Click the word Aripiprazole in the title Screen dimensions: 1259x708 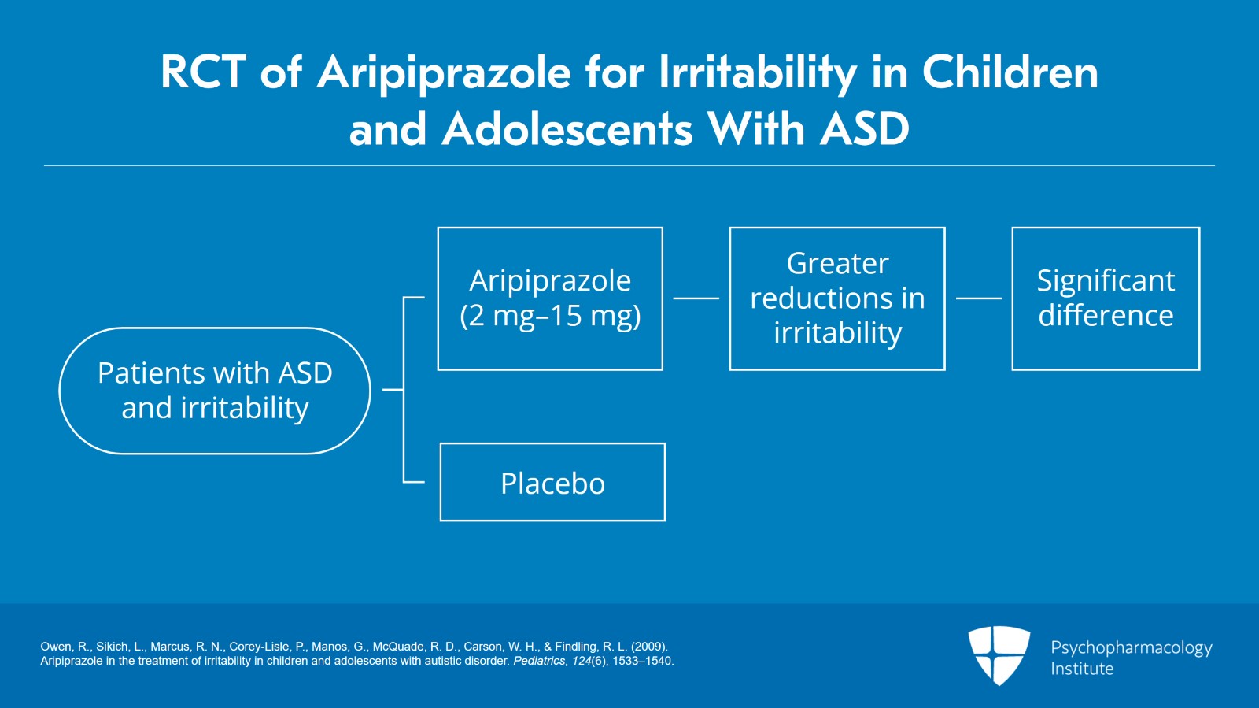pos(444,73)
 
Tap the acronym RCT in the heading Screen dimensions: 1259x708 pos(204,72)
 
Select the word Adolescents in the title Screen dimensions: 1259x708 pos(567,129)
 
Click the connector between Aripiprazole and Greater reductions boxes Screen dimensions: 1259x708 pos(696,298)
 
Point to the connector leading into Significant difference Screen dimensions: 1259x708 pos(979,298)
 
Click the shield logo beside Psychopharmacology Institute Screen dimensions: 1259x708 pos(999,655)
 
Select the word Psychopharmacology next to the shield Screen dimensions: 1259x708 pos(1132,648)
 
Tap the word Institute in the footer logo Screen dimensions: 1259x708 pos(1082,669)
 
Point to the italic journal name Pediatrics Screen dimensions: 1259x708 pos(539,661)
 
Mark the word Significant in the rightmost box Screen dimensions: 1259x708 pos(1106,280)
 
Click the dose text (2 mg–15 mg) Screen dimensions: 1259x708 pos(550,316)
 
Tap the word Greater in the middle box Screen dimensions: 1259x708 pos(837,263)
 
